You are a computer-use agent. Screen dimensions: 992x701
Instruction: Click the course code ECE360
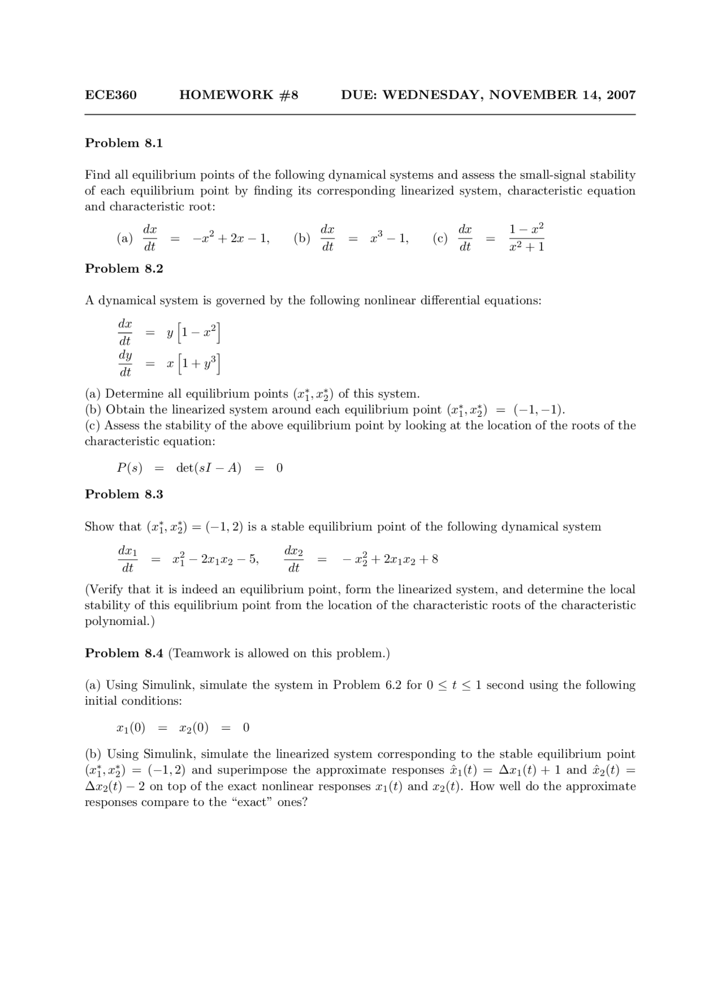(x=111, y=95)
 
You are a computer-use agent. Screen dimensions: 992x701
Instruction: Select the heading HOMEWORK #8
(x=239, y=95)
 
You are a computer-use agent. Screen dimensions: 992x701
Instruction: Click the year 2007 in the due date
(x=621, y=95)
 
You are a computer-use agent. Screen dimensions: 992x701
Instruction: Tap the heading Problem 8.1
(x=124, y=143)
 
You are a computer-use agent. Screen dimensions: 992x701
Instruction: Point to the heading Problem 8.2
(x=124, y=268)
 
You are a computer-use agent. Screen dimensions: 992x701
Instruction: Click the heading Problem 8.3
(x=124, y=494)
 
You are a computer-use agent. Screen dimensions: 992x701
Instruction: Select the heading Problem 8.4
(x=124, y=653)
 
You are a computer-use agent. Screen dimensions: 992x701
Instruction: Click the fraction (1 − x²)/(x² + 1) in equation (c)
(x=526, y=238)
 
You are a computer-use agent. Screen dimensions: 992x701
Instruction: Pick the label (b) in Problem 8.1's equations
(x=302, y=238)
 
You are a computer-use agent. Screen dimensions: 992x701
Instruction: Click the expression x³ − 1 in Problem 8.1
(x=389, y=238)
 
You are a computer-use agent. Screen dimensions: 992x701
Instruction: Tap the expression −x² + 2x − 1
(x=231, y=238)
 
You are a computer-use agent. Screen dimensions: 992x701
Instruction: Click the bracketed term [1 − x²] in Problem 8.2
(x=200, y=332)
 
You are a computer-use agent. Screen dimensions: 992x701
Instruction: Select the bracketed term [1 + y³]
(x=200, y=364)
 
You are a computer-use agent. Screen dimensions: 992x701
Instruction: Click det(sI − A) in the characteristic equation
(x=209, y=468)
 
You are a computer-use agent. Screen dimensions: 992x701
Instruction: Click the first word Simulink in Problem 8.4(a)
(x=166, y=685)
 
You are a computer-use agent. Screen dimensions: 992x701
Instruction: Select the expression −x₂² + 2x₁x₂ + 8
(x=390, y=559)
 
